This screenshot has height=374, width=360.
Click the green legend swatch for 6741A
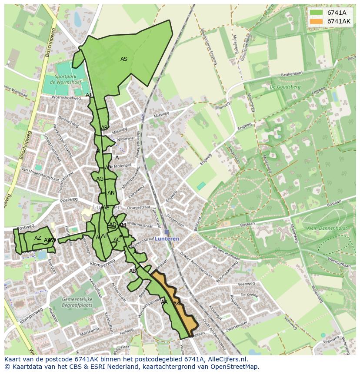click(316, 12)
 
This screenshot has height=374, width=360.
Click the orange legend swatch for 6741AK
click(316, 21)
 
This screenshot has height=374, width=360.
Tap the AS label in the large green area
click(124, 59)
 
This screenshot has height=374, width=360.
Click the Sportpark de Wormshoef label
click(65, 79)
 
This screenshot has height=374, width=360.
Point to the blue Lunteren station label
click(167, 239)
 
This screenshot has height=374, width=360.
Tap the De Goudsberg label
click(285, 87)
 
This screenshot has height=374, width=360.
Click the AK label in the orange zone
click(177, 303)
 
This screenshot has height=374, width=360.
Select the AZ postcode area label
click(38, 238)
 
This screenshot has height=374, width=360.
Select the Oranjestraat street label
click(138, 208)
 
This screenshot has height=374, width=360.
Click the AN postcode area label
click(111, 193)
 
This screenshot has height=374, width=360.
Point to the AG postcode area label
click(100, 179)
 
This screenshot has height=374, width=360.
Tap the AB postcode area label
click(133, 271)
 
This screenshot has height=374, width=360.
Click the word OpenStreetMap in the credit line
click(236, 367)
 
